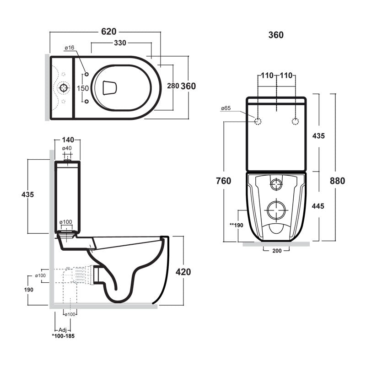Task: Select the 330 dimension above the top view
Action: (x=121, y=43)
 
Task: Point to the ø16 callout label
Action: (x=70, y=48)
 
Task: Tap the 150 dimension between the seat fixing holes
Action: (x=82, y=88)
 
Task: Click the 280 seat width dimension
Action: (x=173, y=86)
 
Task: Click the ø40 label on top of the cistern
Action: (x=67, y=148)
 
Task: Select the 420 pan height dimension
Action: (x=183, y=271)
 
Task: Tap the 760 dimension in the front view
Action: (x=224, y=180)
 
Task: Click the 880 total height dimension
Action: (x=337, y=180)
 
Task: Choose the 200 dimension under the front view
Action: (x=277, y=250)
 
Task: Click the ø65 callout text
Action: (x=226, y=108)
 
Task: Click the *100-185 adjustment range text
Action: (x=63, y=336)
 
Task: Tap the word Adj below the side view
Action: (x=63, y=330)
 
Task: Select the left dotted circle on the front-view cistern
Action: (x=258, y=121)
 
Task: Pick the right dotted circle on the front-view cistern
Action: (x=296, y=121)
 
